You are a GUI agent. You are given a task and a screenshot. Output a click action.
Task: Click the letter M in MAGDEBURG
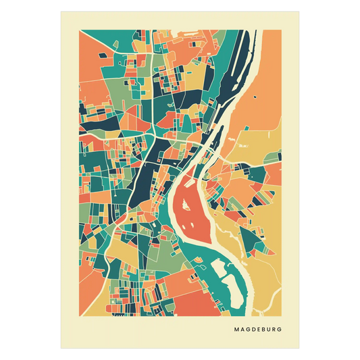coord(236,330)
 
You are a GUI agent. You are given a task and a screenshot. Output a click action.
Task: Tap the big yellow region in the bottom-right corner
coord(267,284)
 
